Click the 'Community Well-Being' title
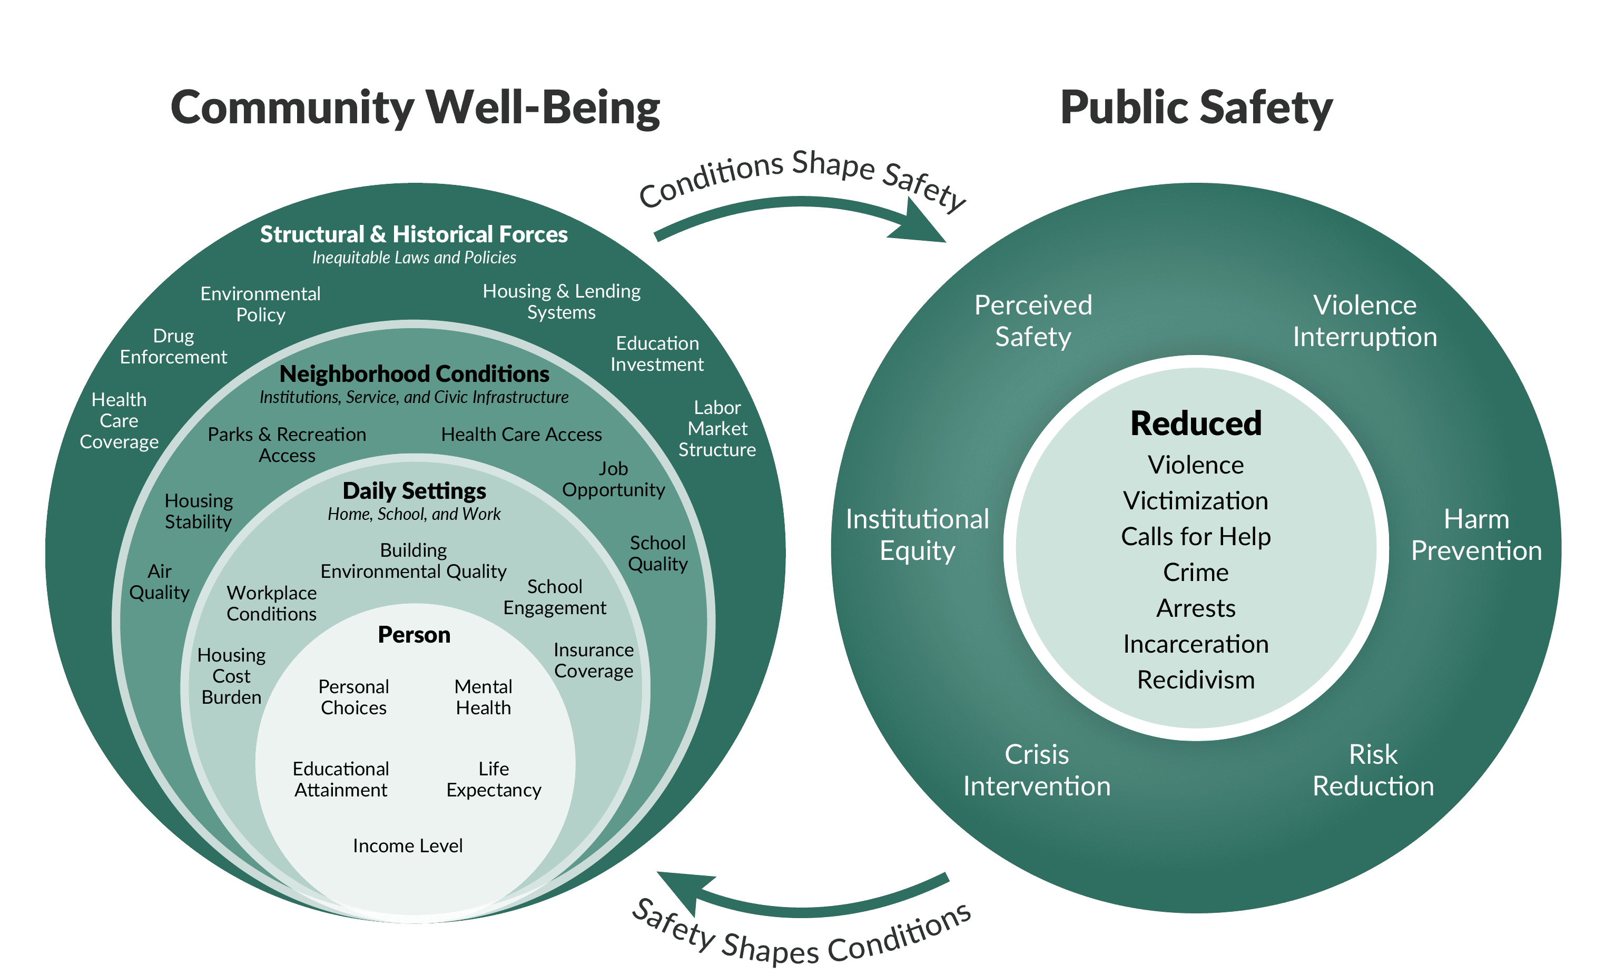[x=415, y=107]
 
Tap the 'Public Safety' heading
[x=1196, y=107]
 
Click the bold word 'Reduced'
[x=1196, y=424]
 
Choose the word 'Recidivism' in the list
[x=1196, y=680]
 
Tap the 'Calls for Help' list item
[x=1196, y=537]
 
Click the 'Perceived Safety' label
[x=1033, y=320]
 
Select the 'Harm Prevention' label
[x=1476, y=535]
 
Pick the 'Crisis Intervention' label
[x=1037, y=770]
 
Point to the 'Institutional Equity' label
[x=917, y=535]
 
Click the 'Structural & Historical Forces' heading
[x=413, y=234]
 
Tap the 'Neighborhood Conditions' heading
[x=414, y=374]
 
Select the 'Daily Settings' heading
[x=414, y=490]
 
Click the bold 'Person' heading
[x=414, y=634]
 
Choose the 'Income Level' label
[x=408, y=845]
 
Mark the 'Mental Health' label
[x=484, y=697]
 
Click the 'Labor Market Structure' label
[x=717, y=429]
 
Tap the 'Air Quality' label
[x=160, y=582]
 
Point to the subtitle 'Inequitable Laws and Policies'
[x=413, y=258]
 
